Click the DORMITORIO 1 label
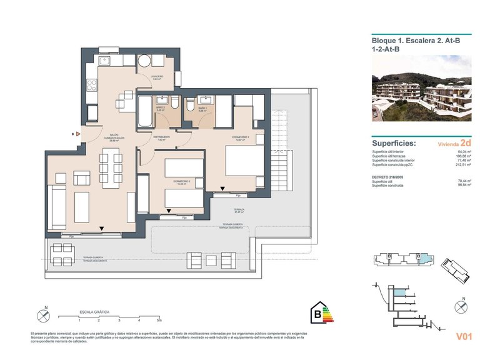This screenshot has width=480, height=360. pos(241,138)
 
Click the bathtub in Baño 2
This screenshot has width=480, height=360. pos(144,112)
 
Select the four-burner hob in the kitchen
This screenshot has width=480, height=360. pos(91,82)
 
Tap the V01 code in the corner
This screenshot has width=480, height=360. pos(463,337)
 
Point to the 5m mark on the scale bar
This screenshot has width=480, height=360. pos(159,319)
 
